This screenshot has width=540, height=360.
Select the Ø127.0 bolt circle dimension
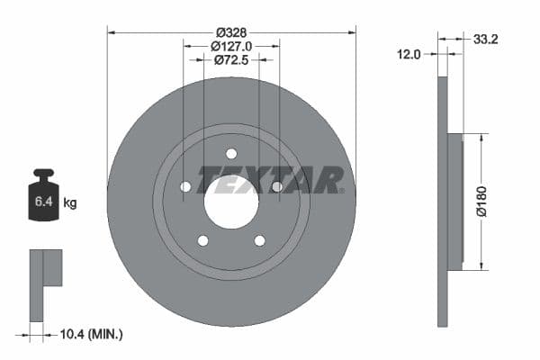click(231, 45)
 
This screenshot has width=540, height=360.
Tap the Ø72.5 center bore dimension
click(231, 60)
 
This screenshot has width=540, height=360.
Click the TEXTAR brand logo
click(270, 180)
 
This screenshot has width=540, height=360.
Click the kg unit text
click(70, 203)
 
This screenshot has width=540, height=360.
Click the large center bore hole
click(231, 201)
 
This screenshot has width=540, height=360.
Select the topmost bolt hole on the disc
click(231, 153)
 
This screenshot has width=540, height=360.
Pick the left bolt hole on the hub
click(185, 186)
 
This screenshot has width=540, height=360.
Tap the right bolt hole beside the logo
click(277, 186)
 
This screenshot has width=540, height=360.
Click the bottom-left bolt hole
click(202, 240)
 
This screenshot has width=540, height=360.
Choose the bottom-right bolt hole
click(260, 240)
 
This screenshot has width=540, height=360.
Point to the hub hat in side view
click(454, 202)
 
